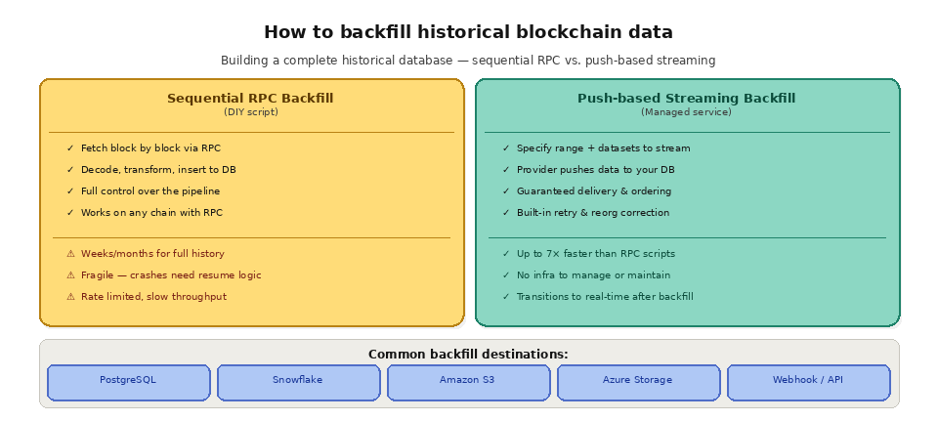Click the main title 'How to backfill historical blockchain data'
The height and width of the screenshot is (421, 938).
tap(468, 32)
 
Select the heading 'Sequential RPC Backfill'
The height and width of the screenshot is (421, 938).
tap(251, 98)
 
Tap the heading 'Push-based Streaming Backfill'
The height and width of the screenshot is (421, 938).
tap(686, 98)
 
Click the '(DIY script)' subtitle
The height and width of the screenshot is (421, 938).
tap(251, 112)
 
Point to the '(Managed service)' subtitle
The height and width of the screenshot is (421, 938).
tap(686, 112)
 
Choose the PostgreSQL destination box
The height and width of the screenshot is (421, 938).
tap(128, 381)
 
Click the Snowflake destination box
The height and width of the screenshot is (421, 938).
tap(298, 381)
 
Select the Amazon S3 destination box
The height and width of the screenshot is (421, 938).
tap(468, 381)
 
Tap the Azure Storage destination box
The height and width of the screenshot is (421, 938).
tap(638, 381)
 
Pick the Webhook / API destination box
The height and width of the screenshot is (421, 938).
tap(808, 381)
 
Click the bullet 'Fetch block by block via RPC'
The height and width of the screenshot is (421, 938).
tap(150, 148)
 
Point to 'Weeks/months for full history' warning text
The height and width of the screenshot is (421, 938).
tap(152, 254)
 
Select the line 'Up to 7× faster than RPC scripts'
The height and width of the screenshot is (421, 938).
tap(595, 254)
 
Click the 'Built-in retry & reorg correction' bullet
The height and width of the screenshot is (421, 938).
tap(592, 213)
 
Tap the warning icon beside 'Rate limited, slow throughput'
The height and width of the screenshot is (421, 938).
tap(70, 297)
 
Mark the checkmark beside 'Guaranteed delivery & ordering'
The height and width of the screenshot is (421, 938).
tap(506, 191)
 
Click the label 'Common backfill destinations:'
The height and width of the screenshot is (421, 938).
tap(468, 355)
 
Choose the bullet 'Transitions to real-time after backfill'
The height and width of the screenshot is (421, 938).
tap(605, 297)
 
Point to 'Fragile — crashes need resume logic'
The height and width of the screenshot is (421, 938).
tap(171, 275)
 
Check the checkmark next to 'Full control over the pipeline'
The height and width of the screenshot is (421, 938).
tap(70, 191)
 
